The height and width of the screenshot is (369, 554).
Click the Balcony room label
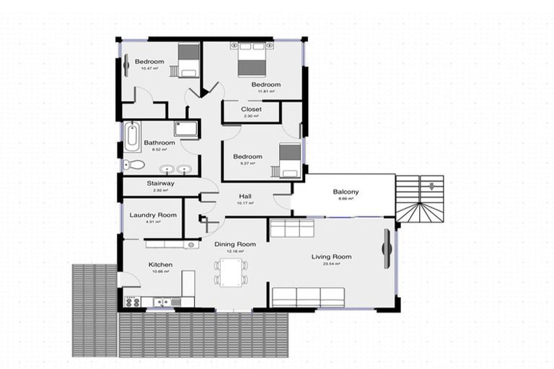(x=346, y=192)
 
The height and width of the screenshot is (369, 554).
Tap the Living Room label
(x=331, y=257)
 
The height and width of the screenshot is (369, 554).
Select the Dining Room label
(x=235, y=244)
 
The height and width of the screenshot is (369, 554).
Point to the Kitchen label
(x=161, y=264)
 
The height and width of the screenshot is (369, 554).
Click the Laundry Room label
(x=153, y=215)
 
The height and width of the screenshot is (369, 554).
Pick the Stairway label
(x=160, y=184)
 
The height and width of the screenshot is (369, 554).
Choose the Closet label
(x=251, y=110)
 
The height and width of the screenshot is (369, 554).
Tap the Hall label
(x=246, y=195)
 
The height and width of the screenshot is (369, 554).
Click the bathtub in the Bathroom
(x=131, y=137)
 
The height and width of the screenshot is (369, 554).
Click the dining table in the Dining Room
(x=231, y=272)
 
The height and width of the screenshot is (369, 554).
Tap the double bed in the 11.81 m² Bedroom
(x=252, y=59)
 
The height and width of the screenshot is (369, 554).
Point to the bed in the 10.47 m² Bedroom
(x=188, y=60)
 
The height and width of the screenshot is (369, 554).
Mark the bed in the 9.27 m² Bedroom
(x=289, y=160)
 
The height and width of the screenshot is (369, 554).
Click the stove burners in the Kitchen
(x=132, y=302)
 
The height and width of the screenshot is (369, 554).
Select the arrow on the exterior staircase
(x=431, y=187)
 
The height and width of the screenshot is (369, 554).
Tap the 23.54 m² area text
(x=331, y=264)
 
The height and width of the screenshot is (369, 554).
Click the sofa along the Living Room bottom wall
(x=308, y=295)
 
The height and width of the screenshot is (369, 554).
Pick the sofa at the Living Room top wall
(x=291, y=228)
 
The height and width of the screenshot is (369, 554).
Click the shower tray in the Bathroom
(x=186, y=130)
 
